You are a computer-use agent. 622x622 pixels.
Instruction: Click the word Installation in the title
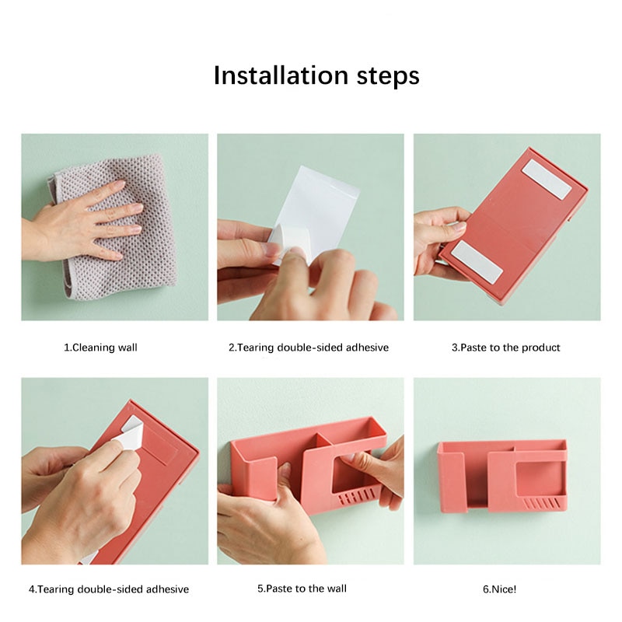tap(281, 75)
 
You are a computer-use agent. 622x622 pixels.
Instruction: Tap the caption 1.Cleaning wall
tap(101, 348)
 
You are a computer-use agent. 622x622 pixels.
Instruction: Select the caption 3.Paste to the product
tap(506, 348)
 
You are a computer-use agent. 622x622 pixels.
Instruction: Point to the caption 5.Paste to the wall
tap(302, 589)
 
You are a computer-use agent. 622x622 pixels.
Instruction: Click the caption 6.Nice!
tap(499, 589)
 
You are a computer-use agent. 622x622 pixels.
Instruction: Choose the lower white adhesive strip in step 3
tap(477, 262)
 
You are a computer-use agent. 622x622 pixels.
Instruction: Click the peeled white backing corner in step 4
tap(129, 434)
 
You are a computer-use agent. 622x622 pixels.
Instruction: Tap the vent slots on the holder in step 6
tap(541, 504)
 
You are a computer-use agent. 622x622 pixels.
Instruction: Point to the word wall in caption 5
tap(336, 589)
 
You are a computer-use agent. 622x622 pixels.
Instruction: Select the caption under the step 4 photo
tap(109, 589)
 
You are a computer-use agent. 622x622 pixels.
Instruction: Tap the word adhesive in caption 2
tap(367, 348)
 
